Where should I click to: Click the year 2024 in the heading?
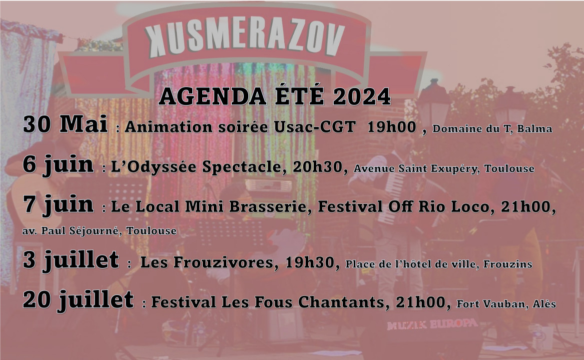click(362, 97)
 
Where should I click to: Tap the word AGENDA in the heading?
click(212, 97)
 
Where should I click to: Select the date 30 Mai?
click(65, 123)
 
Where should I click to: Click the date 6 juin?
click(58, 165)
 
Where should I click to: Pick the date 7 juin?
click(58, 205)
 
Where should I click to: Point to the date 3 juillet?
click(71, 260)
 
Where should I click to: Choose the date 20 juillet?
click(78, 300)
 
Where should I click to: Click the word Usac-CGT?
click(315, 127)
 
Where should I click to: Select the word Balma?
click(535, 128)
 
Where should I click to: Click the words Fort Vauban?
click(491, 304)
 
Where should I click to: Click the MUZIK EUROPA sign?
click(432, 324)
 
